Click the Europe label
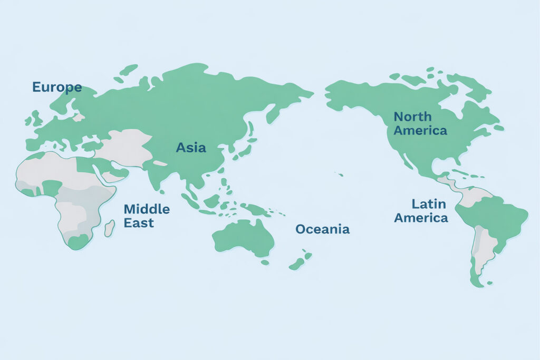(x=57, y=87)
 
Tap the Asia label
(x=191, y=148)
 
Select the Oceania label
(x=322, y=229)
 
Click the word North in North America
(x=412, y=116)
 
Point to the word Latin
(x=429, y=204)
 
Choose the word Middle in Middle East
(x=147, y=209)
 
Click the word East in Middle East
(x=139, y=222)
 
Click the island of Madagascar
(x=109, y=228)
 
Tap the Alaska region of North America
(x=348, y=95)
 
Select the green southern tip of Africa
(x=78, y=242)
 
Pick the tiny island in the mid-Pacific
(x=341, y=174)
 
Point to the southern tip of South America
(x=477, y=283)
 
